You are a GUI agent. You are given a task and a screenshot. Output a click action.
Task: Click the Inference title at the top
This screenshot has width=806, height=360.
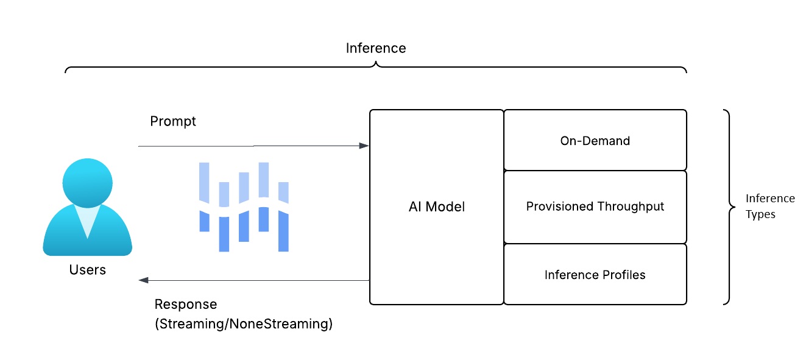click(375, 48)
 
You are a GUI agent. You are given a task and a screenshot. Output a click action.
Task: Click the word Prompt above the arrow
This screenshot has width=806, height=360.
click(173, 121)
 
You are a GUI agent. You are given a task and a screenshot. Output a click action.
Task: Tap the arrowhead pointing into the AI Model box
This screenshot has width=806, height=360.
click(364, 146)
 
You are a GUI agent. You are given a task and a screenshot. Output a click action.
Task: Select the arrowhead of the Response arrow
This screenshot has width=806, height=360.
click(144, 280)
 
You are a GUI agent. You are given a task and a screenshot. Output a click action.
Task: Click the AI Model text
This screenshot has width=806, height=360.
click(436, 206)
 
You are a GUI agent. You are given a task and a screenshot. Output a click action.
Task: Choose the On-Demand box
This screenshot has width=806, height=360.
click(595, 141)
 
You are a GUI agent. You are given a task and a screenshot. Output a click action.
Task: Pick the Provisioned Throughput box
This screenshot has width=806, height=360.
click(595, 206)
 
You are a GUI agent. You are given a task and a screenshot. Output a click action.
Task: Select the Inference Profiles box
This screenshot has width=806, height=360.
click(595, 275)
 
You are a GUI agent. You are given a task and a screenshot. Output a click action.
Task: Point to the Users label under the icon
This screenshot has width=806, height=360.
click(88, 270)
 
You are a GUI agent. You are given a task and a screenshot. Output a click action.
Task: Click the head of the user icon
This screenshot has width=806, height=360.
click(88, 177)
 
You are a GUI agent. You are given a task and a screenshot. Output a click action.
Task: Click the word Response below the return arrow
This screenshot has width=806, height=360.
click(185, 304)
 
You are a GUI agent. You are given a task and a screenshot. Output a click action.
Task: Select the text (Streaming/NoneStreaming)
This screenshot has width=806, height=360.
click(244, 323)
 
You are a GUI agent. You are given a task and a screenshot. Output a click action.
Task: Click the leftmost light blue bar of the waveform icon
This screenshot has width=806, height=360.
click(203, 181)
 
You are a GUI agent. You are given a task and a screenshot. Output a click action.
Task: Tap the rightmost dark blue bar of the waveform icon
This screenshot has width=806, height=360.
click(283, 231)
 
